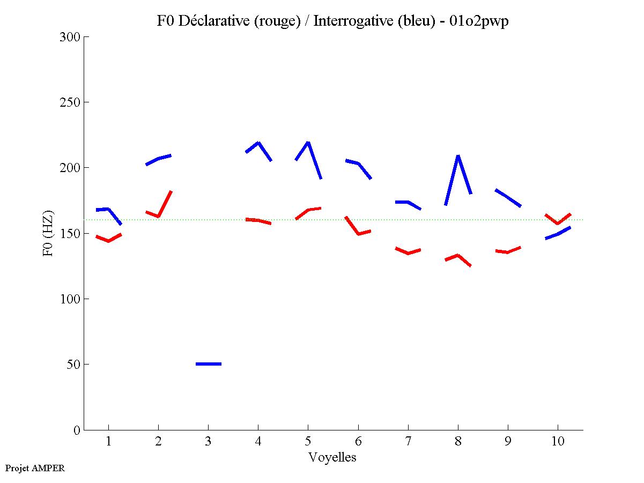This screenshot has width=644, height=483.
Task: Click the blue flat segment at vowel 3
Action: [x=209, y=364]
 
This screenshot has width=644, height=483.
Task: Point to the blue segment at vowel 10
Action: [x=558, y=234]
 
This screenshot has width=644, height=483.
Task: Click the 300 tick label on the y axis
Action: [x=70, y=37]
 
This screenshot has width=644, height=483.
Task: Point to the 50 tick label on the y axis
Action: [x=73, y=365]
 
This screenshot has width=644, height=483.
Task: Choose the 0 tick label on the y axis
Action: [x=77, y=430]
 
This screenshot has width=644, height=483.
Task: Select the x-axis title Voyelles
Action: [x=332, y=457]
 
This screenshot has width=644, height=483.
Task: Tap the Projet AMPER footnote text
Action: [x=35, y=468]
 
